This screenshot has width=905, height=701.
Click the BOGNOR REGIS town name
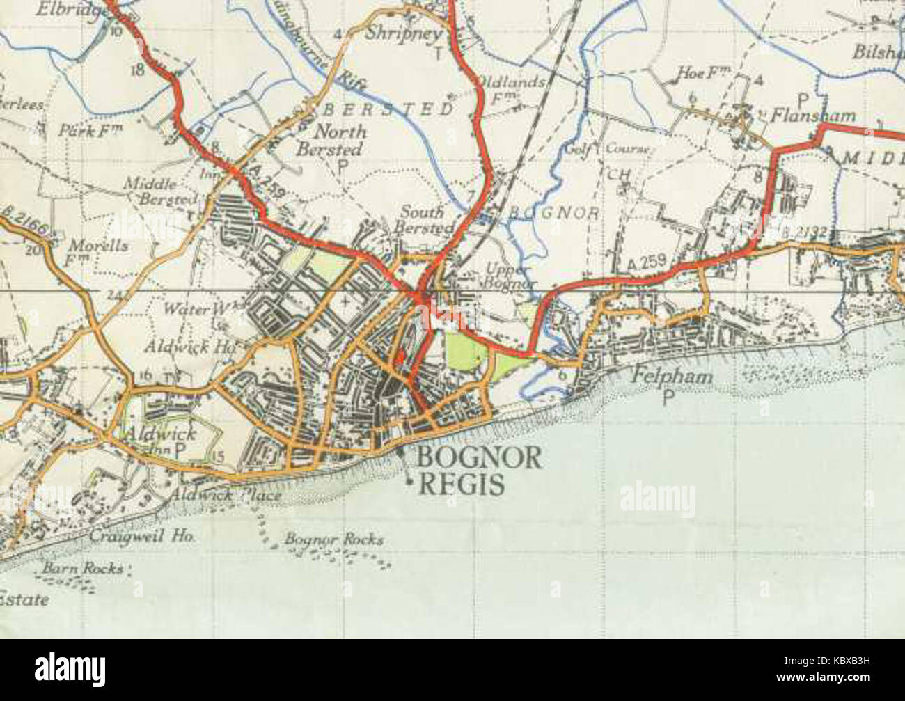click(x=479, y=470)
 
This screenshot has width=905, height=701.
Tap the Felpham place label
click(x=672, y=377)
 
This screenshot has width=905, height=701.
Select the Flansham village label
click(x=812, y=115)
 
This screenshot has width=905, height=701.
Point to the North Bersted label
click(x=331, y=140)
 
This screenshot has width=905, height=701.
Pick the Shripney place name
click(x=404, y=33)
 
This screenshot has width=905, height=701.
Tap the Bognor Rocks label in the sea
click(x=333, y=539)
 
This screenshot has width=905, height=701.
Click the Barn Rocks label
click(x=82, y=568)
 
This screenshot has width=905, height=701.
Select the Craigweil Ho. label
click(x=142, y=536)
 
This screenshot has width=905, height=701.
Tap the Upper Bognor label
click(x=510, y=276)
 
